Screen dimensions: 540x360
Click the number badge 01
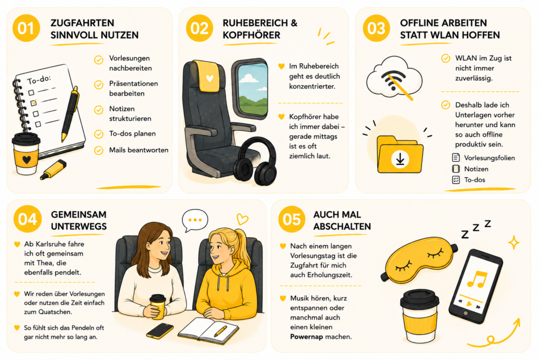26,28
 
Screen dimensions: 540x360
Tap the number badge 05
292,219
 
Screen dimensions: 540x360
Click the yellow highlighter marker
53,170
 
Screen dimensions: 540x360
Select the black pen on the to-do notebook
70,114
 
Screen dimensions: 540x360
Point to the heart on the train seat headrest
209,79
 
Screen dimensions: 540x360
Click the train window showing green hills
250,89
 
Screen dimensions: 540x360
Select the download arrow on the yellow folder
400,159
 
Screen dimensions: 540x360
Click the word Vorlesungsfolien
489,158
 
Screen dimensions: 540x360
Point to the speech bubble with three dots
195,220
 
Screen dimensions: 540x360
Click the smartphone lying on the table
160,330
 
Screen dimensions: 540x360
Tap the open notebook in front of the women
208,330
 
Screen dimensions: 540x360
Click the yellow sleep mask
419,259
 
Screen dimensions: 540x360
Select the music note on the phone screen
477,279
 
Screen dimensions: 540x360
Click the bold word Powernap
306,337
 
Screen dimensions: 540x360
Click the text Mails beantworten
139,150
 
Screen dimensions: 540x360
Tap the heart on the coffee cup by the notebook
26,159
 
